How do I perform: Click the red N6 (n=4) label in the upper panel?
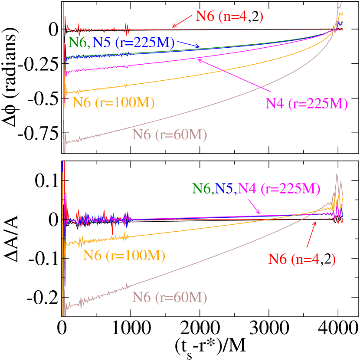[229, 16]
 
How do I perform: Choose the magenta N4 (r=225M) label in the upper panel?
[306, 104]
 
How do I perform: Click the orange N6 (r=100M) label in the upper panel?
[114, 102]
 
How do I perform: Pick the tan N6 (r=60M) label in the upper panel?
[170, 135]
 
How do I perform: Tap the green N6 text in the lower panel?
[202, 188]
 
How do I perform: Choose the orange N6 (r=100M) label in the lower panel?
[124, 256]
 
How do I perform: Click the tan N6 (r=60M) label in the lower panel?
[170, 297]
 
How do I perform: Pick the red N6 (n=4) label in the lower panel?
[301, 259]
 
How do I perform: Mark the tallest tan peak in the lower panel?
[337, 175]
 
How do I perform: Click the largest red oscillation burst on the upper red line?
[127, 30]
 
